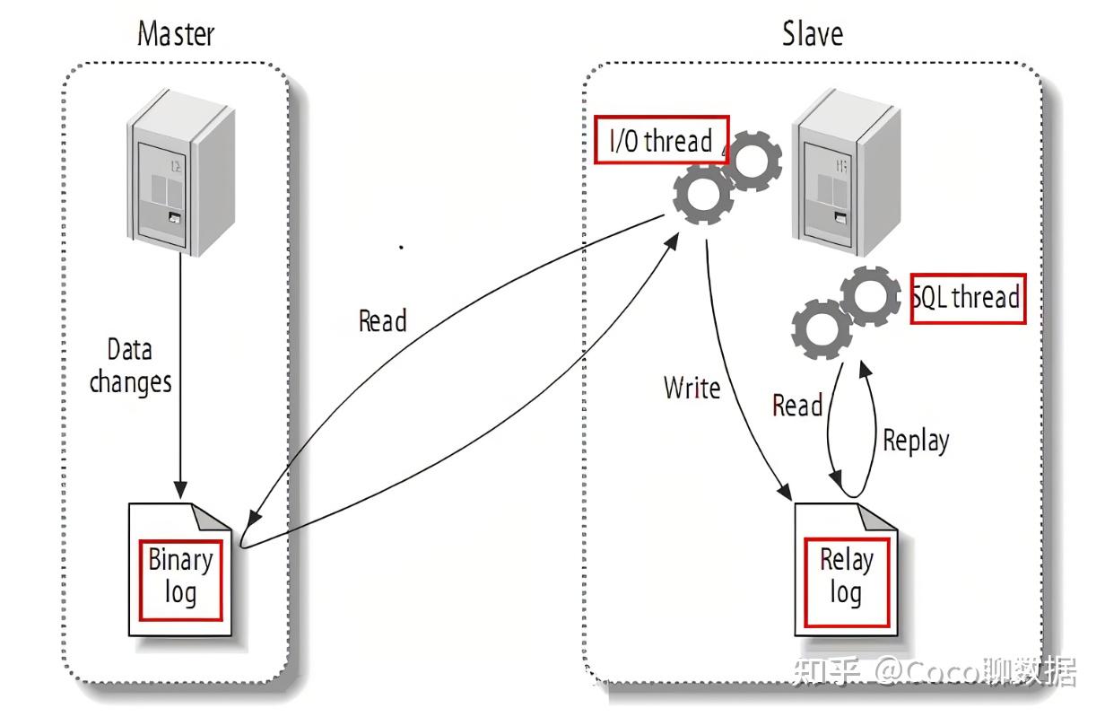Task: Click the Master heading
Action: click(176, 34)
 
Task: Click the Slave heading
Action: click(812, 34)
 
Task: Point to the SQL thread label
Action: click(967, 297)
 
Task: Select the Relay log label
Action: click(846, 576)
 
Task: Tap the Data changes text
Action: click(131, 365)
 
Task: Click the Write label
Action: click(692, 388)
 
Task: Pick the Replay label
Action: click(916, 441)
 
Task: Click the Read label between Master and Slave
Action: click(382, 320)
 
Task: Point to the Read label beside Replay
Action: click(796, 406)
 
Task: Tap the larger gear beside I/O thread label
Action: click(704, 196)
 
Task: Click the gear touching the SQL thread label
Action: click(870, 296)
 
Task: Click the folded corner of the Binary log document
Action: click(213, 519)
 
